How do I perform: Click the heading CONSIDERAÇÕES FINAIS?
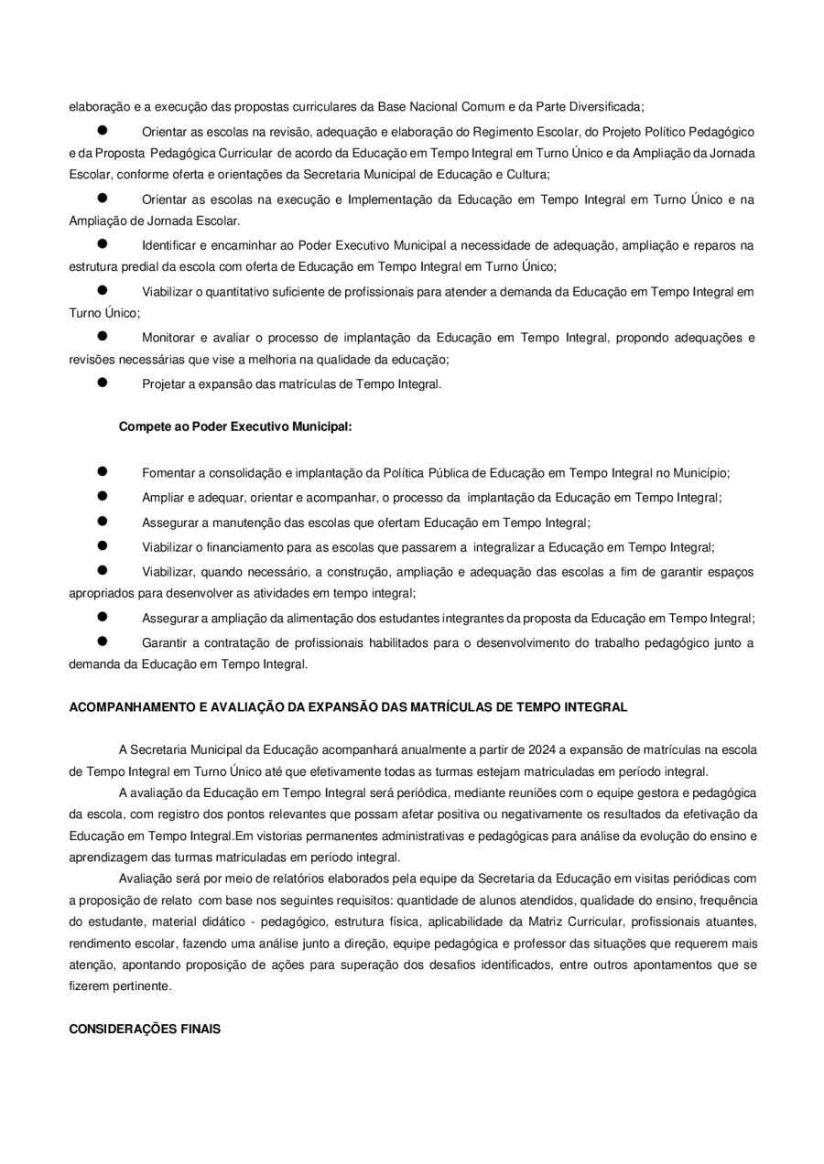click(x=145, y=1029)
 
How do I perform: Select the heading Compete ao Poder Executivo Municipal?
click(x=235, y=426)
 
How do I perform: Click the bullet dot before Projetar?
click(x=103, y=383)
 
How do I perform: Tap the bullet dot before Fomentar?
click(x=103, y=472)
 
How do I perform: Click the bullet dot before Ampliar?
click(x=103, y=497)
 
